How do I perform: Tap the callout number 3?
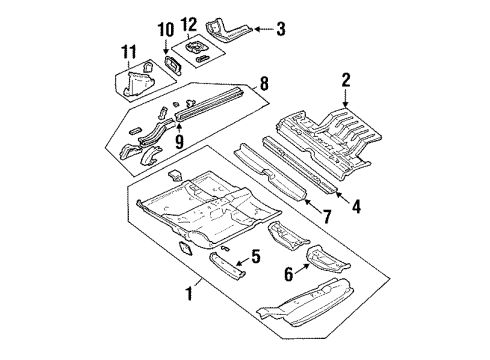(281, 30)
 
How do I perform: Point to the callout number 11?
(127, 50)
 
